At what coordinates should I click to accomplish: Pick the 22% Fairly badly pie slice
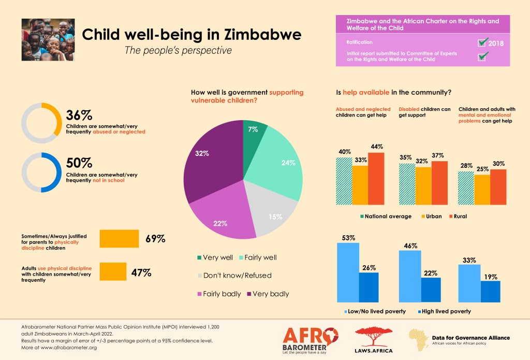click(x=223, y=218)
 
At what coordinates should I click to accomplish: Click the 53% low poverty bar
click(x=348, y=272)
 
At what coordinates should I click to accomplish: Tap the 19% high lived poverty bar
click(x=490, y=291)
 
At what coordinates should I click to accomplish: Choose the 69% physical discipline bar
click(x=119, y=239)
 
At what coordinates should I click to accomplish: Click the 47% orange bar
click(x=112, y=271)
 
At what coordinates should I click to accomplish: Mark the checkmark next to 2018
click(x=483, y=42)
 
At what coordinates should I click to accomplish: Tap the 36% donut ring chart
click(x=41, y=123)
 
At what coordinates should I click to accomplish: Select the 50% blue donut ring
click(x=41, y=172)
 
